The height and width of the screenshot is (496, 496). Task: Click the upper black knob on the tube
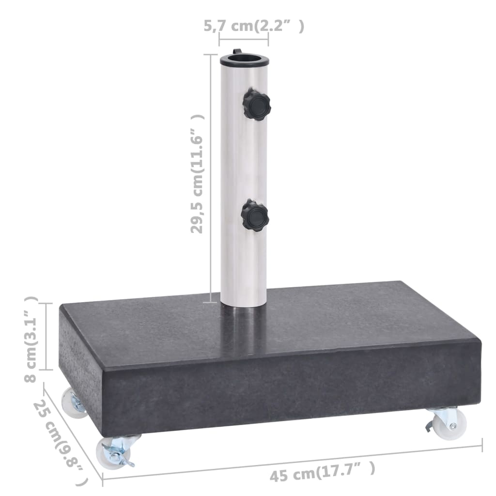[257, 104]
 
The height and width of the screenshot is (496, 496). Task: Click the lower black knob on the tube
[255, 215]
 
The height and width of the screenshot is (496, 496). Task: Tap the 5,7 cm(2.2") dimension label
[261, 26]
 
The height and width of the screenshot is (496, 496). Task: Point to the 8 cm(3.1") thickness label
[31, 339]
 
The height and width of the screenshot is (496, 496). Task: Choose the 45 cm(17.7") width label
[322, 472]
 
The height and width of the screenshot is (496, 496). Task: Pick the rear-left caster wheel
[73, 402]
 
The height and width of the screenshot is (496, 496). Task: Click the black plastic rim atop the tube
[244, 61]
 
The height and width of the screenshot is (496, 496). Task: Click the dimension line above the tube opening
[244, 39]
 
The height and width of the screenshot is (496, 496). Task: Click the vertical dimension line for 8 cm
[46, 337]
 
